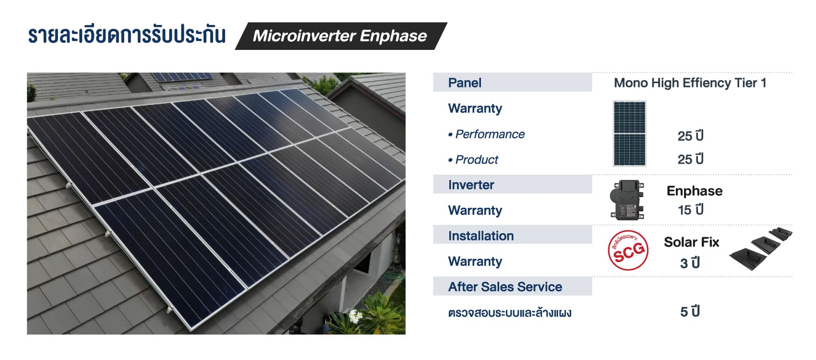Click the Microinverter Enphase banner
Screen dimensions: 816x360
tap(341, 36)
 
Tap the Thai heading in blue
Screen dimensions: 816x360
tap(126, 35)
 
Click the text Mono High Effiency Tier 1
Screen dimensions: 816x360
tap(690, 83)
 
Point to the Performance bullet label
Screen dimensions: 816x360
tap(486, 134)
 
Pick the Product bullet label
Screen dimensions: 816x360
tap(473, 159)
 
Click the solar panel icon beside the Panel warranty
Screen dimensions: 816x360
tap(629, 133)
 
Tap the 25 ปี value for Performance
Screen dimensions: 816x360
tap(690, 136)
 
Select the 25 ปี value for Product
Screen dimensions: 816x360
tap(690, 159)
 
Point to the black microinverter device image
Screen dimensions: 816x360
tap(627, 200)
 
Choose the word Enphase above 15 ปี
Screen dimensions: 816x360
tap(695, 191)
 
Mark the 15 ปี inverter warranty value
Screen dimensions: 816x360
tap(690, 210)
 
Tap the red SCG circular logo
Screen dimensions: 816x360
tap(628, 251)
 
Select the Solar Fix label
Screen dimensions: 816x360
tap(691, 242)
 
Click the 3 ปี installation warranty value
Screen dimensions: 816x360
tap(690, 263)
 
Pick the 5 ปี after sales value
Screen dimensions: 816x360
tap(690, 312)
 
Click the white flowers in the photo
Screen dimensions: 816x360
tap(355, 316)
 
